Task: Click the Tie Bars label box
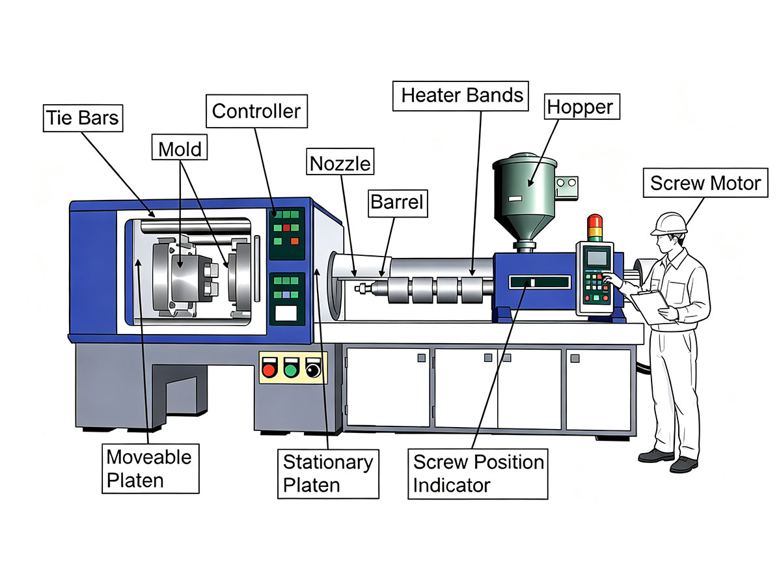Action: [83, 118]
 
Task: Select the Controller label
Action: [256, 111]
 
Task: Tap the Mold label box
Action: [180, 147]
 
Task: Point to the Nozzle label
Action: [340, 161]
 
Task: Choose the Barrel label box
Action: [398, 204]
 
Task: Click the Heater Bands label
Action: [460, 96]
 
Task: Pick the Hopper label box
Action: [582, 107]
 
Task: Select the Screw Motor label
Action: [706, 183]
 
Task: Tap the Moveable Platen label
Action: [150, 469]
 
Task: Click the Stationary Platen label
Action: [328, 474]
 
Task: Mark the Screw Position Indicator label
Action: [478, 474]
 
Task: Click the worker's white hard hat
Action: [669, 224]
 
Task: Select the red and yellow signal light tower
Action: [595, 228]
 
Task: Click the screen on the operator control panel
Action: [597, 258]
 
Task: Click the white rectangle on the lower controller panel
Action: [286, 313]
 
